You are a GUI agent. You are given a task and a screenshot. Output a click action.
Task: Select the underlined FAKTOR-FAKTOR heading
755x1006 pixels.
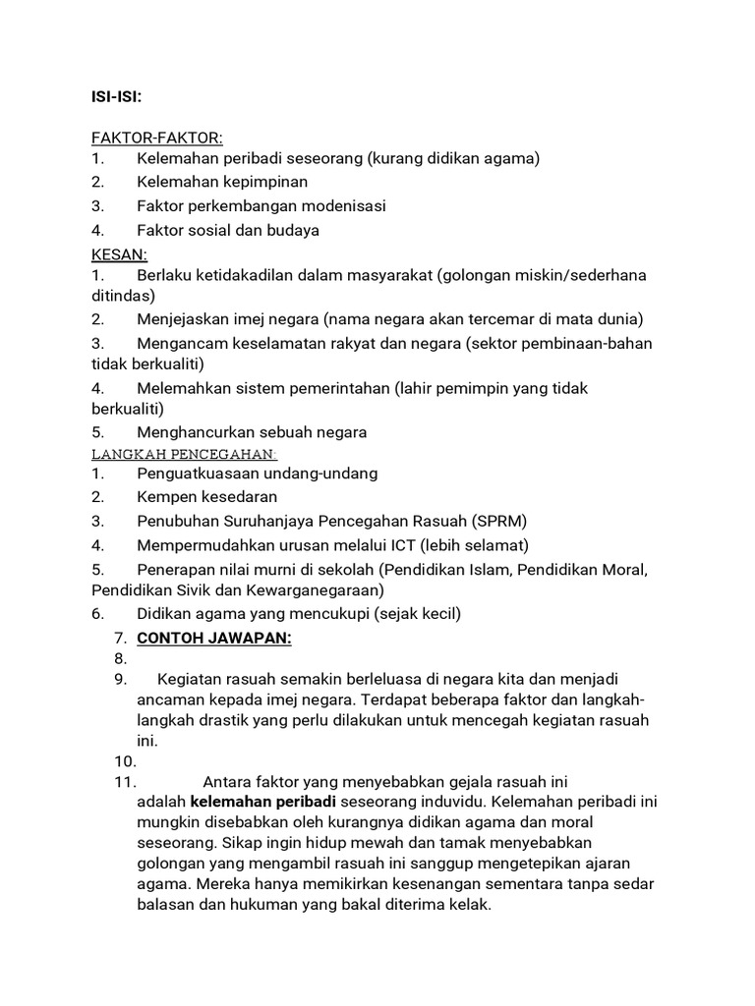[157, 138]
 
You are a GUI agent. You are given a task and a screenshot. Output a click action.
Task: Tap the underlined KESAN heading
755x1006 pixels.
[118, 255]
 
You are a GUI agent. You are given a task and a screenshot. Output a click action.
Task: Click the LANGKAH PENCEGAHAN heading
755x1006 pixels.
[184, 454]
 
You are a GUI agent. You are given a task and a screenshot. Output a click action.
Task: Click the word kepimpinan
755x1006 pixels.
[266, 182]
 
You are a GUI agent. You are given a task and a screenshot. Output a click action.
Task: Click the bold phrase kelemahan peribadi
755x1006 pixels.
[262, 801]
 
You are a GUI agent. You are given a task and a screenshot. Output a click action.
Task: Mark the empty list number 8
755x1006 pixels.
[122, 658]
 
